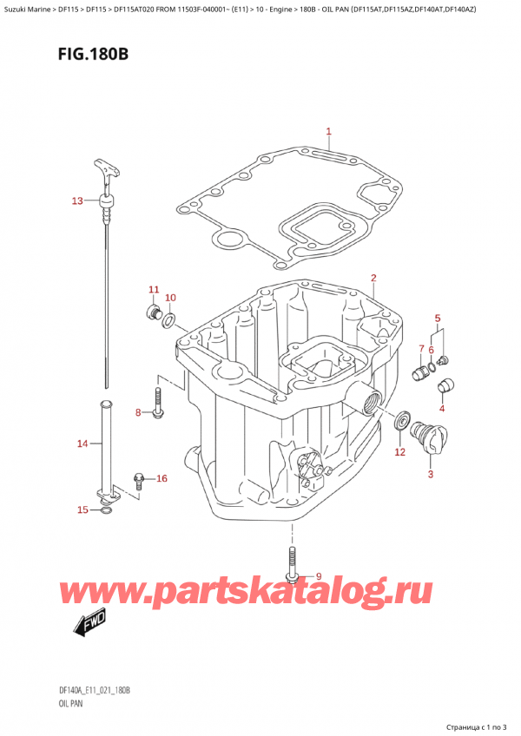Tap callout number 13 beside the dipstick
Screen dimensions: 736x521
(77, 201)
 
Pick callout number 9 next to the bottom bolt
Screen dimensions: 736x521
(318, 576)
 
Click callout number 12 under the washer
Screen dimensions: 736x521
(399, 451)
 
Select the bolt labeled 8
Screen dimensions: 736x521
(157, 404)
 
